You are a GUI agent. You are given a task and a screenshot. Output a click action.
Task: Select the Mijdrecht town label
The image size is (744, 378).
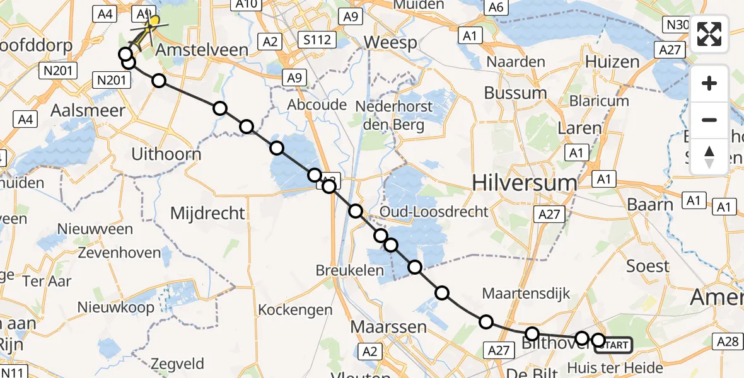tap(207, 213)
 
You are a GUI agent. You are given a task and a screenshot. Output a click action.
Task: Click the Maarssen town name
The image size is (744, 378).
tap(388, 327)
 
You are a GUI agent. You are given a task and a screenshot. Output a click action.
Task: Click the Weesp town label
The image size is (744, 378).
tap(391, 43)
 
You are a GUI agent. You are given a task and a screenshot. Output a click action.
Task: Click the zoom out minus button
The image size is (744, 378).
tap(709, 120)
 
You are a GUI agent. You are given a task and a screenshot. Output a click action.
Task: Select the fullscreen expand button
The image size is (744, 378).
tap(709, 34)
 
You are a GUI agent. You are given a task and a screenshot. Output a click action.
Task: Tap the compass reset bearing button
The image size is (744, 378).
tap(709, 156)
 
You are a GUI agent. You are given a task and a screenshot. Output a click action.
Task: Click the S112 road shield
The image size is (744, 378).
tap(317, 41)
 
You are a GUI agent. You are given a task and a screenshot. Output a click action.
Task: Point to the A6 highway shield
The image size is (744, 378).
tap(496, 7)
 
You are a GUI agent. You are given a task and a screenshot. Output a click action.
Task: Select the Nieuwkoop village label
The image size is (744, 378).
tap(115, 307)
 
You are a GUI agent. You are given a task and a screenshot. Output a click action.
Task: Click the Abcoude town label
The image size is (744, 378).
tap(317, 104)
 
